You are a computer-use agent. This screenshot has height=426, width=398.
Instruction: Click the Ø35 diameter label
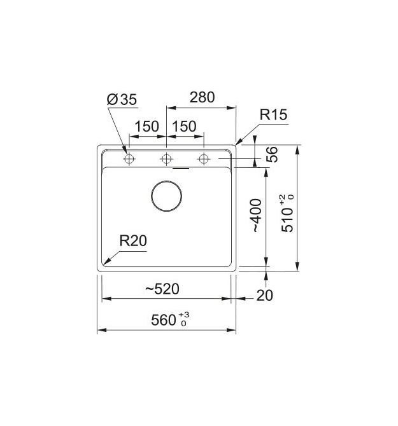pyautogui.click(x=122, y=99)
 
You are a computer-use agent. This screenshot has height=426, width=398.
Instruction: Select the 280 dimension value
pyautogui.click(x=202, y=97)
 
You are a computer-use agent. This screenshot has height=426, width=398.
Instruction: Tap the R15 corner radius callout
pyautogui.click(x=273, y=114)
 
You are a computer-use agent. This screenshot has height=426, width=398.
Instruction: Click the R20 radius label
pyautogui.click(x=133, y=240)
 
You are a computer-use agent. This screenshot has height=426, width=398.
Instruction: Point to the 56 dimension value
pyautogui.click(x=272, y=155)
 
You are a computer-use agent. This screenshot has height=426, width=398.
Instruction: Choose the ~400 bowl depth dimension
pyautogui.click(x=257, y=216)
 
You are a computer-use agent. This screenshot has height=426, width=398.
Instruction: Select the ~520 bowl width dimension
pyautogui.click(x=162, y=289)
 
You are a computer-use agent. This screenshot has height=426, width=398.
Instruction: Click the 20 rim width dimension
pyautogui.click(x=264, y=295)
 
